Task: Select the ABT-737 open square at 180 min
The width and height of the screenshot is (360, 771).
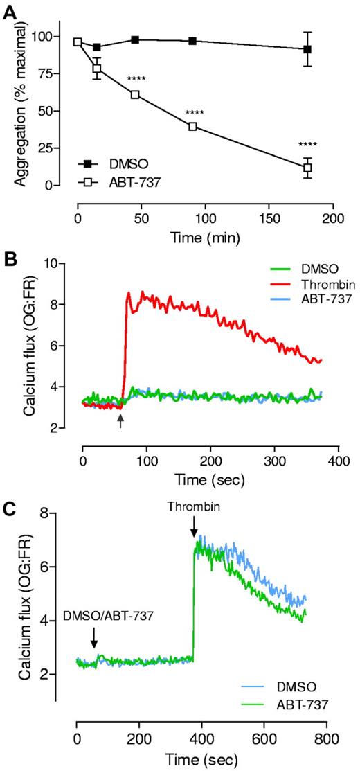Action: (307, 168)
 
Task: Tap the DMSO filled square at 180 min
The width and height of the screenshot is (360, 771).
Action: (307, 49)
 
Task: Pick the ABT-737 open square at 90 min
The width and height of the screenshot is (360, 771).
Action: (192, 126)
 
